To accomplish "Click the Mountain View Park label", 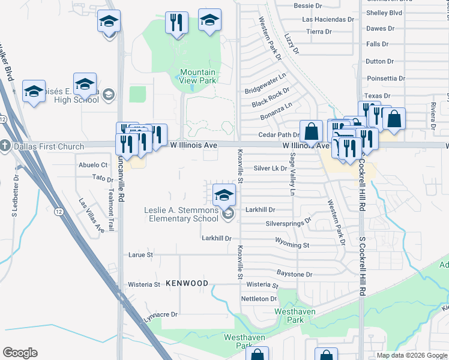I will [198, 76].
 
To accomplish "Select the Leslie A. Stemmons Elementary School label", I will [181, 214].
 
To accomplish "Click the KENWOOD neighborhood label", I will [187, 283].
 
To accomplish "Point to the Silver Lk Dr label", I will [270, 169].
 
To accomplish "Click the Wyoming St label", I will [292, 245].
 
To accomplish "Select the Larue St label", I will [141, 254].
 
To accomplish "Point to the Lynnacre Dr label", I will [161, 314].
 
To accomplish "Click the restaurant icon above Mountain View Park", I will [176, 23].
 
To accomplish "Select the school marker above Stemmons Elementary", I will [224, 194].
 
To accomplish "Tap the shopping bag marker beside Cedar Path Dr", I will [311, 130].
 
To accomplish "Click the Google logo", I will [20, 353].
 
